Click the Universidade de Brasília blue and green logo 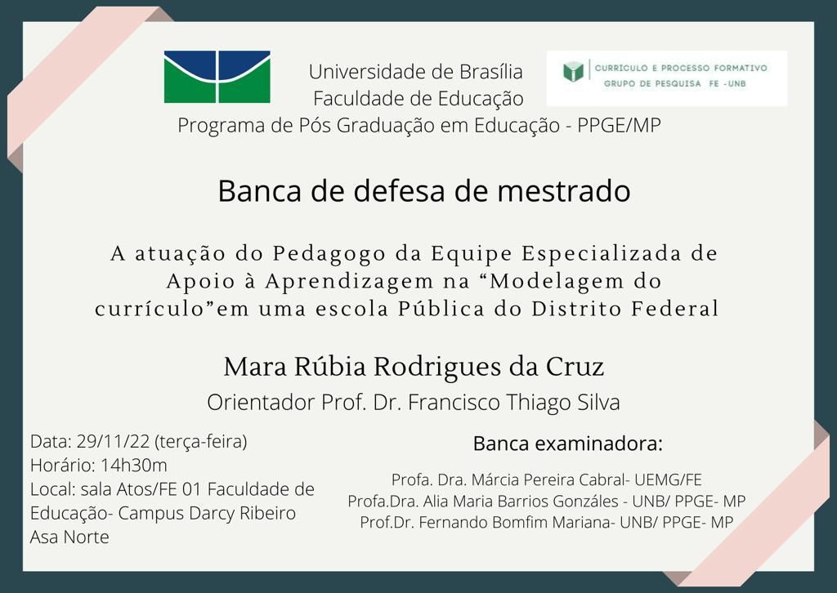217,77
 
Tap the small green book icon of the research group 573,71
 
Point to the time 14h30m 133,465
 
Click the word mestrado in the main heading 563,191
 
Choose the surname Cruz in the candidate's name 575,367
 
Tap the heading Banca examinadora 568,444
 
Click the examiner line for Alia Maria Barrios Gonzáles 547,502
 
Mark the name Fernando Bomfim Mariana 516,522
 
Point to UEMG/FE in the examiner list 668,479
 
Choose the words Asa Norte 69,537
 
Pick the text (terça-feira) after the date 201,442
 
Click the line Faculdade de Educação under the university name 418,99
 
